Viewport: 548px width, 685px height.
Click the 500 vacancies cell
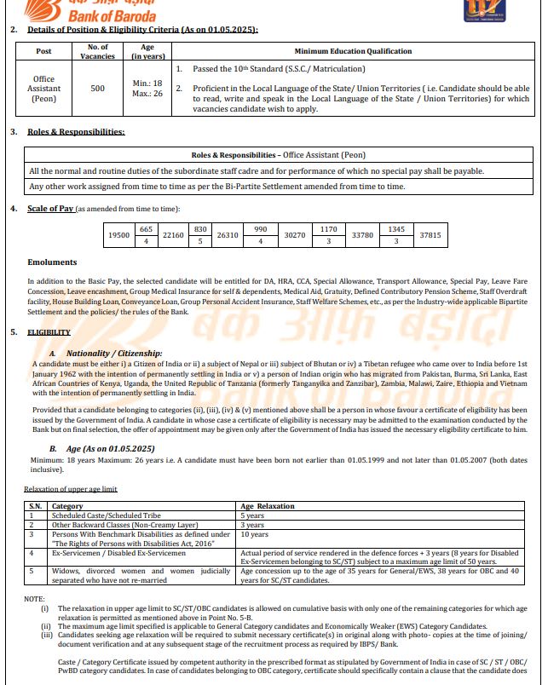pyautogui.click(x=98, y=89)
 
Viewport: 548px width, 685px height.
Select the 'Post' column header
pyautogui.click(x=43, y=51)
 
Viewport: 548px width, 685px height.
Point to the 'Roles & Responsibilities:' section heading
pyautogui.click(x=76, y=132)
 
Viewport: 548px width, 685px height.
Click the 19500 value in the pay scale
pyautogui.click(x=119, y=234)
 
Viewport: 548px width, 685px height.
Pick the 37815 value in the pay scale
pyautogui.click(x=430, y=234)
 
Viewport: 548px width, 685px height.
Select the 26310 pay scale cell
pyautogui.click(x=228, y=234)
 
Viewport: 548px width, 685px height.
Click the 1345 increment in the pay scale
pyautogui.click(x=395, y=228)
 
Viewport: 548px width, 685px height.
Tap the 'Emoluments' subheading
pyautogui.click(x=52, y=262)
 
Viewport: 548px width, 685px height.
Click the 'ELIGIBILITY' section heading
pyautogui.click(x=49, y=331)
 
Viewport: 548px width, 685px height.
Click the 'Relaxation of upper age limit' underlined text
pyautogui.click(x=70, y=489)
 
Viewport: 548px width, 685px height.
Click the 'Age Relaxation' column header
pyautogui.click(x=268, y=506)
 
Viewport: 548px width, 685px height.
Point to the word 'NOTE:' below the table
pyautogui.click(x=34, y=599)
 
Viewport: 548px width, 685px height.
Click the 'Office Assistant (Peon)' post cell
pyautogui.click(x=43, y=89)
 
